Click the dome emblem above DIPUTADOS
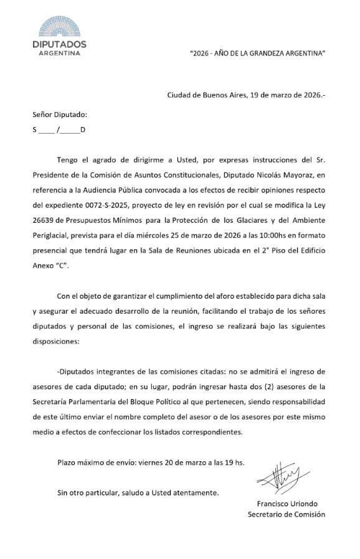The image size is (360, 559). [x=60, y=27]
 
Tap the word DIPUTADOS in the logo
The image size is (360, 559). [x=60, y=44]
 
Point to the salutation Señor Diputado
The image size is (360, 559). [x=60, y=115]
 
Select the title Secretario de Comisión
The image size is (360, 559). [x=286, y=514]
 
